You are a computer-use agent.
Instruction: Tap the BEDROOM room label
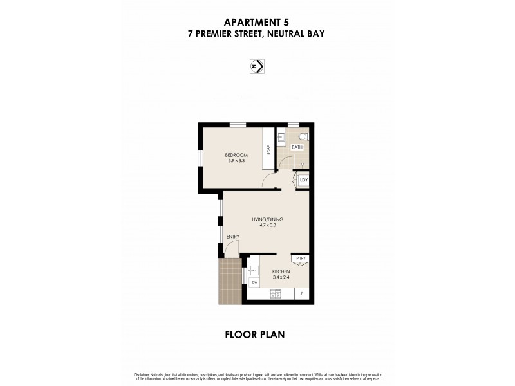pos(236,155)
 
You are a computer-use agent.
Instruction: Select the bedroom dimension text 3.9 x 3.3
pos(236,161)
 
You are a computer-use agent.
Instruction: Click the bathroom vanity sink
pos(281,138)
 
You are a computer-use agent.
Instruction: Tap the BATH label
pos(296,147)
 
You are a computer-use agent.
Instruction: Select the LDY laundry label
pos(304,180)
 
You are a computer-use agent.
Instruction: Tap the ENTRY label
pos(232,237)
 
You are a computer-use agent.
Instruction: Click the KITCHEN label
pos(281,272)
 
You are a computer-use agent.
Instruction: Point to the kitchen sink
pos(254,271)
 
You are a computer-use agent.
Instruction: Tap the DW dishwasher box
pos(254,283)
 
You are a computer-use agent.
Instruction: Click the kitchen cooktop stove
pos(276,294)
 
